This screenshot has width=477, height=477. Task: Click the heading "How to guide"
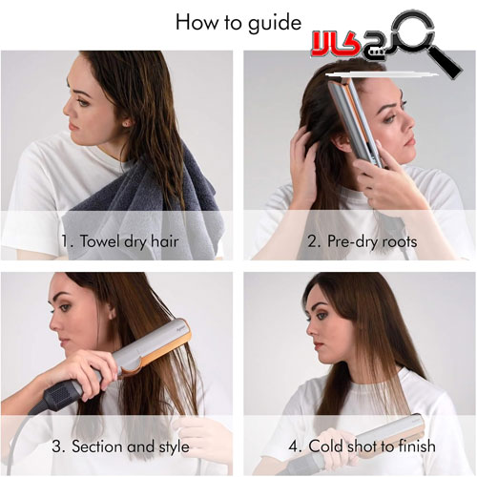point(238,23)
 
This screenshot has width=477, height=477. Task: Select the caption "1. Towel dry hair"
point(119,241)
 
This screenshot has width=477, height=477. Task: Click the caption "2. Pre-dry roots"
point(363,241)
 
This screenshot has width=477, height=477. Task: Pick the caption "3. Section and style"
point(120,446)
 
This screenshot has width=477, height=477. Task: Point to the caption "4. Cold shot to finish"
point(363,446)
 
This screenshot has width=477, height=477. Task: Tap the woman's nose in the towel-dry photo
point(67,109)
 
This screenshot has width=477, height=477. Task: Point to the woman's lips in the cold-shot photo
point(318,344)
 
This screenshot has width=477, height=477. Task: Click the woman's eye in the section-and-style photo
point(65,307)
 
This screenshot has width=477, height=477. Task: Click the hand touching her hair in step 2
point(304,169)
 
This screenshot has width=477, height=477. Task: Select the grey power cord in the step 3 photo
point(16,446)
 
